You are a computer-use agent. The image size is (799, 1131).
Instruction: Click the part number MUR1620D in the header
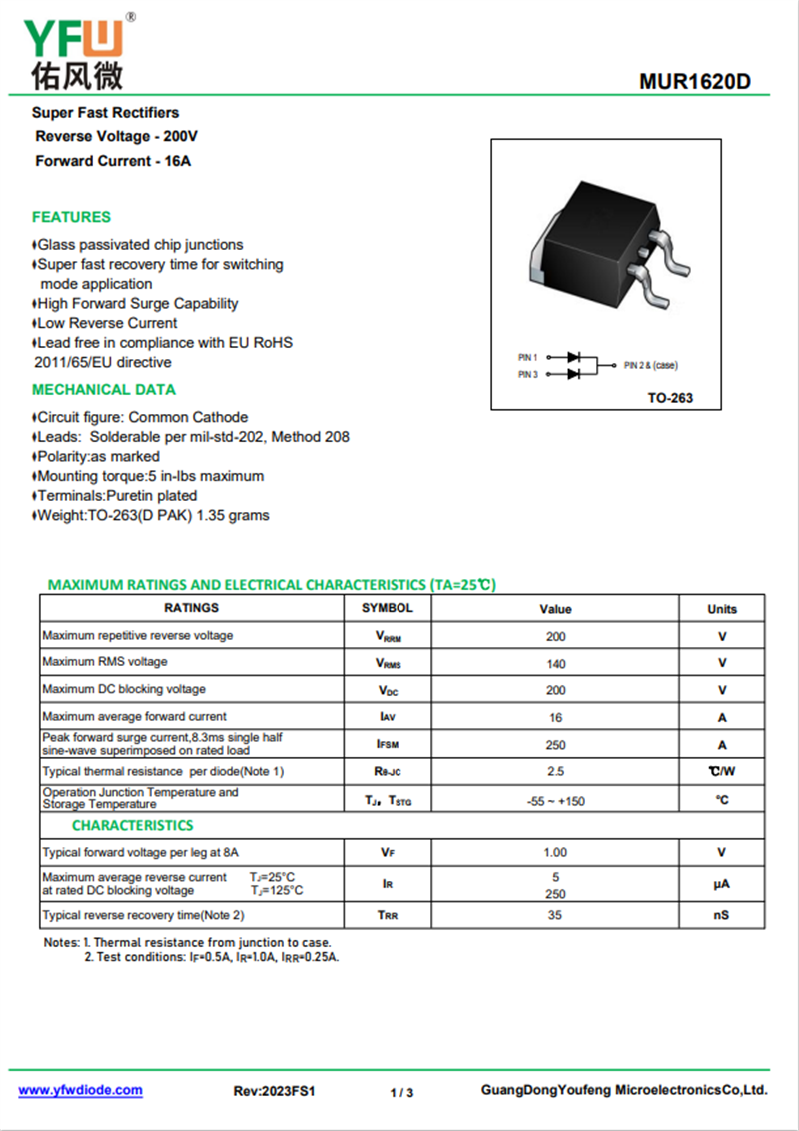[695, 82]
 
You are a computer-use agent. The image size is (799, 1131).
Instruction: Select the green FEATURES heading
[71, 217]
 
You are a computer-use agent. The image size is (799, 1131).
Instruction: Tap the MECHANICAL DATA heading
[103, 389]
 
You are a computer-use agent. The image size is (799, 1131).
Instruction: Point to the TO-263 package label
[669, 398]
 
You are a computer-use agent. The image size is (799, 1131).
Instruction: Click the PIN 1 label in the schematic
[528, 357]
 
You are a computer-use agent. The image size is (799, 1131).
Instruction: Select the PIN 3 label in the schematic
[528, 374]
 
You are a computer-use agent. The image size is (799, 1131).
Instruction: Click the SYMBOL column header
[388, 607]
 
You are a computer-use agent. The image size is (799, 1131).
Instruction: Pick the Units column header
[722, 609]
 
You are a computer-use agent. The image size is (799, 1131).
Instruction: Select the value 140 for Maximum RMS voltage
[556, 663]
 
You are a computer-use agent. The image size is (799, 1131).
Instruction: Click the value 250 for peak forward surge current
[556, 744]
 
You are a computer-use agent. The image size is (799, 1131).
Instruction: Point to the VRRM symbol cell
[388, 636]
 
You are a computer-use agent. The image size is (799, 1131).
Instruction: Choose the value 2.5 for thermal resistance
[556, 771]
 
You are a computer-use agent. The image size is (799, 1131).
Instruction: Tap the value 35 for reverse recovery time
[556, 915]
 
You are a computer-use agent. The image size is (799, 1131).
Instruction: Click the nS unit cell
[722, 915]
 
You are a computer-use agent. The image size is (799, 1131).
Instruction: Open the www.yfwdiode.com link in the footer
[81, 1090]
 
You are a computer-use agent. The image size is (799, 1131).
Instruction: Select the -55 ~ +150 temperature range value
[556, 800]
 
